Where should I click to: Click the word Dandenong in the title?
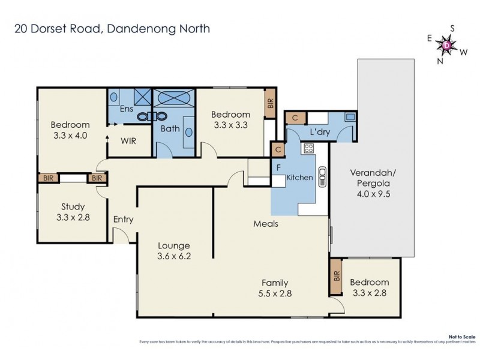pos(135,29)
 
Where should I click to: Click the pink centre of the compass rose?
pos(447,44)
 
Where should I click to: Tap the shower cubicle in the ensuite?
pos(142,97)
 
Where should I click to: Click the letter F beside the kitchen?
pos(278,167)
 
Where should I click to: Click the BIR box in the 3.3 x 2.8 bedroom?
pos(335,276)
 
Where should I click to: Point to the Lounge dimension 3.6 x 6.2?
pos(174,256)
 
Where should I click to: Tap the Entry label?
pos(123,220)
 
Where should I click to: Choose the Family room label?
pos(274,283)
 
